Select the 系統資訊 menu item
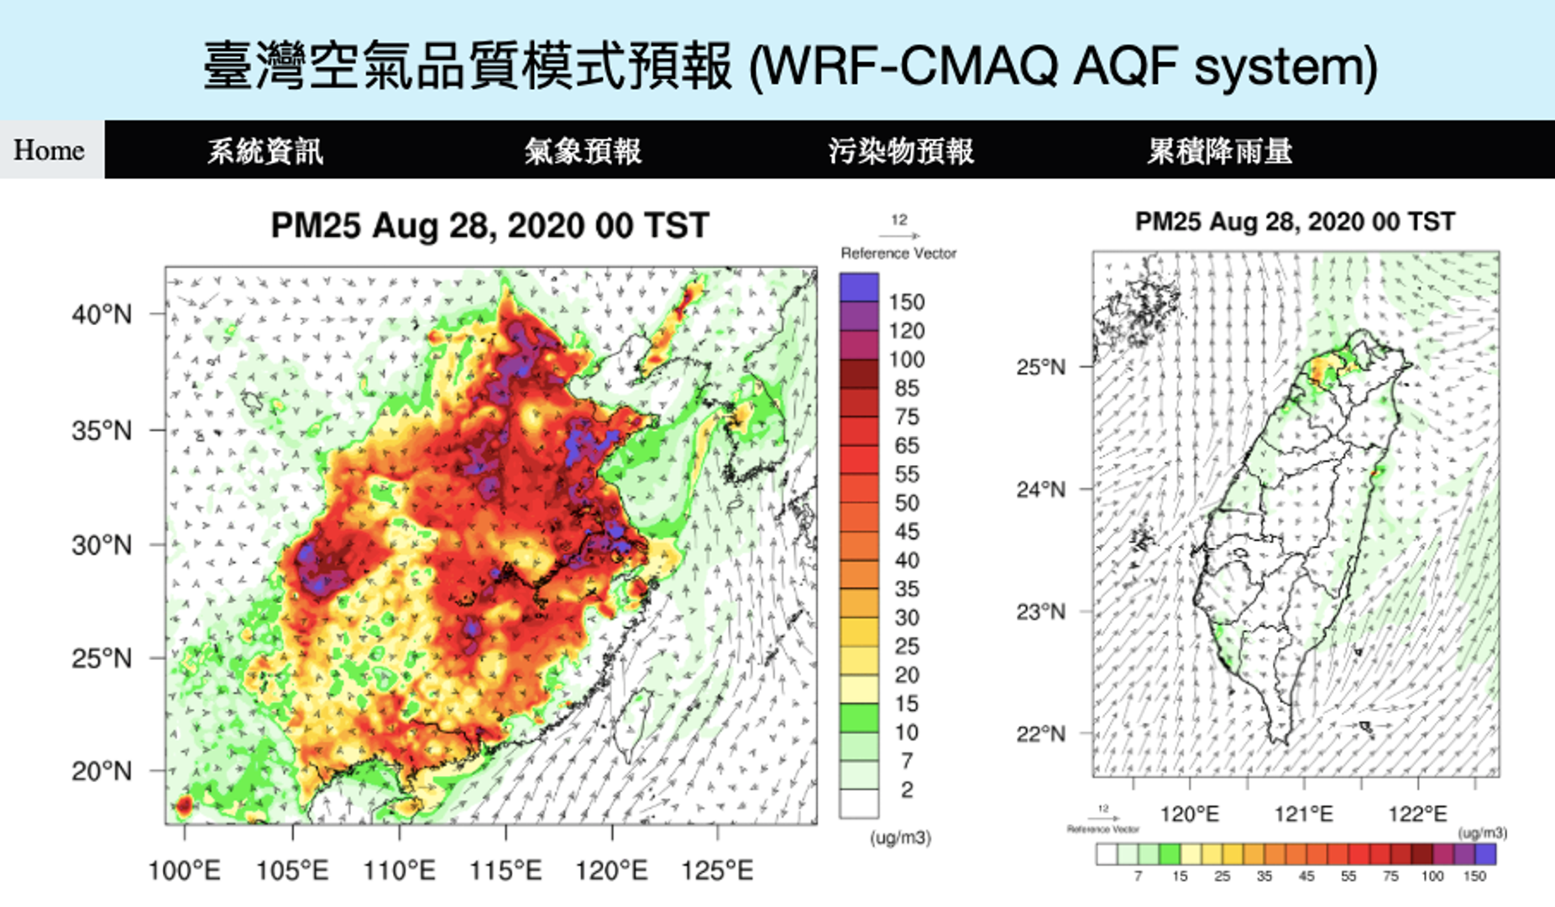[x=265, y=151]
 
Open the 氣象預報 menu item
[x=583, y=151]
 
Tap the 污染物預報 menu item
[x=901, y=151]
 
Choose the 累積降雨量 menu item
[x=1220, y=151]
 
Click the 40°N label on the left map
[x=102, y=315]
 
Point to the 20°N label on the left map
[x=102, y=771]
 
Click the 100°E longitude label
[x=184, y=871]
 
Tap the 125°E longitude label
[x=717, y=871]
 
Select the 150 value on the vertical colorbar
[x=907, y=302]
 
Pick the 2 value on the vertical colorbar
[x=907, y=789]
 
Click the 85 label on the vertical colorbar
[x=907, y=388]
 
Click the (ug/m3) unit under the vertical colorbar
[x=900, y=837]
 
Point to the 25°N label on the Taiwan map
[x=1040, y=367]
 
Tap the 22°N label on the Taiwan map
[x=1040, y=734]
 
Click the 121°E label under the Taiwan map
[x=1303, y=814]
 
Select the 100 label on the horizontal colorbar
[x=1432, y=876]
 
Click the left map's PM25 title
[x=490, y=226]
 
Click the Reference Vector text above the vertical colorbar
[x=898, y=253]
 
